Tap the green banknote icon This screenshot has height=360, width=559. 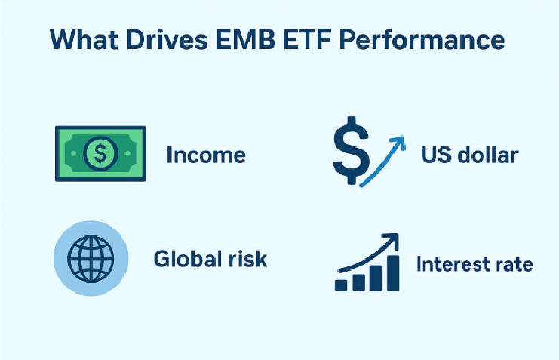100,154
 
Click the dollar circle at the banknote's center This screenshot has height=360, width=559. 100,154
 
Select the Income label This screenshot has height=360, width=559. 206,155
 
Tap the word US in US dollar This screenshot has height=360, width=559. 435,155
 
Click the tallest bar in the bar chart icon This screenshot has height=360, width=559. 394,272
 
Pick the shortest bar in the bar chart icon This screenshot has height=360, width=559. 342,285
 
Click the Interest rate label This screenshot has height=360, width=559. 475,265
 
